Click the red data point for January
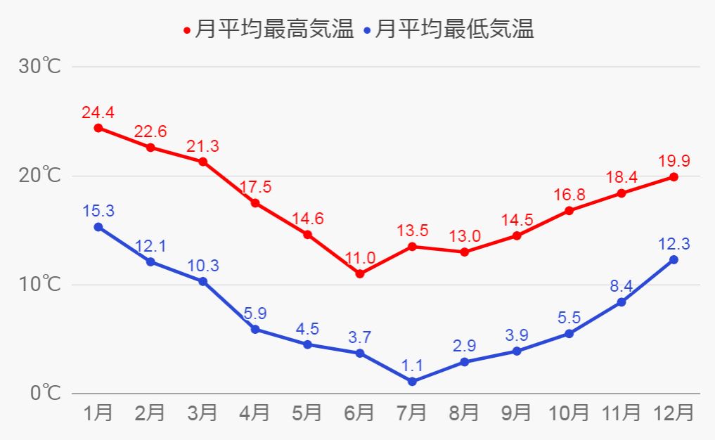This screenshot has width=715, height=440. pos(98,128)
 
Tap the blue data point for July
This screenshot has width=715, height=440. pos(412,382)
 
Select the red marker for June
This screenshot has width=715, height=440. pos(360,274)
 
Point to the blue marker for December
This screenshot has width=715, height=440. pos(674,260)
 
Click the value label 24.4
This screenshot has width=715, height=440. pos(98,112)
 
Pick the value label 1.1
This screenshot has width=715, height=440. pos(412,365)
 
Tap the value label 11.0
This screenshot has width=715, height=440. pos(360,258)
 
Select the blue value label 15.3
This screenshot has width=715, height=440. pos(98,211)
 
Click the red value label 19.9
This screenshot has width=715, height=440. pos(674,161)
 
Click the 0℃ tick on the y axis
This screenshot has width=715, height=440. pos(45,393)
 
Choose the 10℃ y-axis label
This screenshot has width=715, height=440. pos(40,285)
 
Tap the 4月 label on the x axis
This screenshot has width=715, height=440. pos(255,413)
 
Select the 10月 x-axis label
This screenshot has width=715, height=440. pos(569,413)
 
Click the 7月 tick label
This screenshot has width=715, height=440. pos(412,413)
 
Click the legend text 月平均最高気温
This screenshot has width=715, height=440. pos(274,30)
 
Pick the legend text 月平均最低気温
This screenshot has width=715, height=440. pos(454,30)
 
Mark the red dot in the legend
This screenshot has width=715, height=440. pos(187,31)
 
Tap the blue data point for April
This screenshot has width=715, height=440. pos(255,329)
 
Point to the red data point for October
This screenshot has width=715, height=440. pos(569,211)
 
